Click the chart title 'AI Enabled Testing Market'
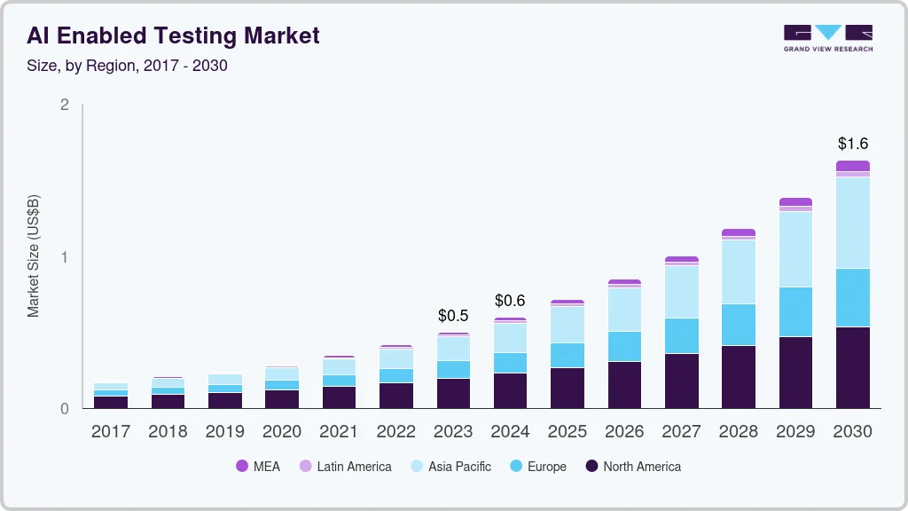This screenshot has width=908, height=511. point(173,35)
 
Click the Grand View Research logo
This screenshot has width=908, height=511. point(827,37)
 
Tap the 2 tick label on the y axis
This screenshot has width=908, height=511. point(64,105)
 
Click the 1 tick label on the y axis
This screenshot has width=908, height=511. point(64,257)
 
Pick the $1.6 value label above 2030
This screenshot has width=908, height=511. point(852,143)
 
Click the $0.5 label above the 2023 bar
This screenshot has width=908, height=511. point(453,315)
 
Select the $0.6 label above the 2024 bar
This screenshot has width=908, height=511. point(510,300)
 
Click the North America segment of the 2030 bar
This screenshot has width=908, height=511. point(852,367)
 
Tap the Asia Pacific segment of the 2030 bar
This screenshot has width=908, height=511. point(852,223)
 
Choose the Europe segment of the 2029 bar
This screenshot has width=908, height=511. point(795,311)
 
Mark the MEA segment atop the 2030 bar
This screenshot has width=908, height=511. point(852,166)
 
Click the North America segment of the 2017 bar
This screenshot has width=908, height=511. point(111,402)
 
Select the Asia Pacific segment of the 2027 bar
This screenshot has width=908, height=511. point(681,292)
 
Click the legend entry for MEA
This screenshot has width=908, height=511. point(257,467)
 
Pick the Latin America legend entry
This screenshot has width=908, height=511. point(345,467)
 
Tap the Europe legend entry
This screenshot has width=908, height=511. point(537,467)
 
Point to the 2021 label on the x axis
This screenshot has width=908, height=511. point(339,432)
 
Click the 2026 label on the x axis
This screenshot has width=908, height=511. point(624,432)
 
